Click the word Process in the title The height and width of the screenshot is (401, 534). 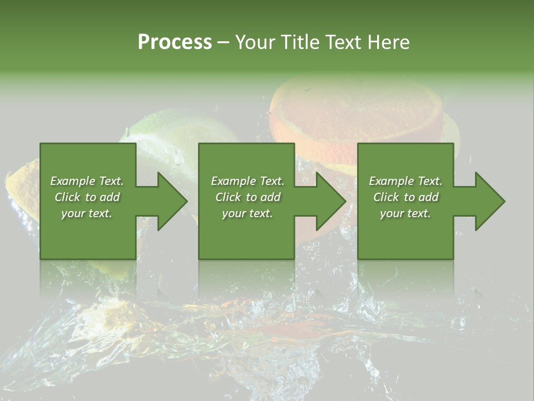pos(175,42)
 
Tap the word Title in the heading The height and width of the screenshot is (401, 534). pos(299,42)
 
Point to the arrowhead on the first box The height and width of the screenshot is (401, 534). pos(170,201)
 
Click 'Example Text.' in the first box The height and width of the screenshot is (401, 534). pos(87,181)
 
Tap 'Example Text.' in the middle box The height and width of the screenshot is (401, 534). pos(247,181)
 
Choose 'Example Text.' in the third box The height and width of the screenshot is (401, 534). pos(406,181)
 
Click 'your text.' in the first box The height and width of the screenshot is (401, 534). pos(87,213)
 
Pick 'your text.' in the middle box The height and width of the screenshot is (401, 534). pos(247,213)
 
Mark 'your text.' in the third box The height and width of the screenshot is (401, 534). pos(406,213)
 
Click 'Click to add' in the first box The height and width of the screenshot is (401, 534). pos(87,197)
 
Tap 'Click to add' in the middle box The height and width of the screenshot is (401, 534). pos(247,197)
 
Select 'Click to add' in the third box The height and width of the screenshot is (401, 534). pos(406,197)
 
